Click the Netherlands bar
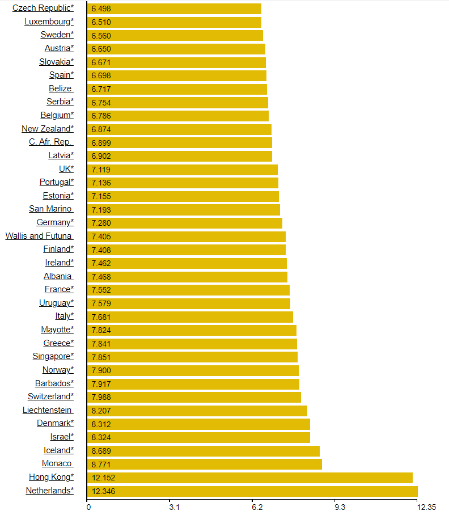tap(252, 491)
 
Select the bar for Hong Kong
tap(250, 478)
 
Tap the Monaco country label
tap(57, 464)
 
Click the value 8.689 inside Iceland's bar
tap(103, 451)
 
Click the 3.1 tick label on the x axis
tap(173, 507)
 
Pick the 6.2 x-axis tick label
tap(256, 507)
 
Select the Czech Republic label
tap(43, 8)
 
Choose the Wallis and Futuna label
tap(39, 236)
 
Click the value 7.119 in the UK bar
tap(101, 170)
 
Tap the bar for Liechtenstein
tap(197, 411)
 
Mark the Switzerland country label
tap(50, 397)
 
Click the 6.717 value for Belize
tap(101, 89)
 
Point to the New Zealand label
tap(48, 129)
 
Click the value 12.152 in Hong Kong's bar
tap(103, 478)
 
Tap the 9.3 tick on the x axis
tap(340, 507)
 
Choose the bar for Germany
tap(185, 223)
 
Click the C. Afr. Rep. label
tap(50, 142)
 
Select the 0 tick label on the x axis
tap(88, 507)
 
